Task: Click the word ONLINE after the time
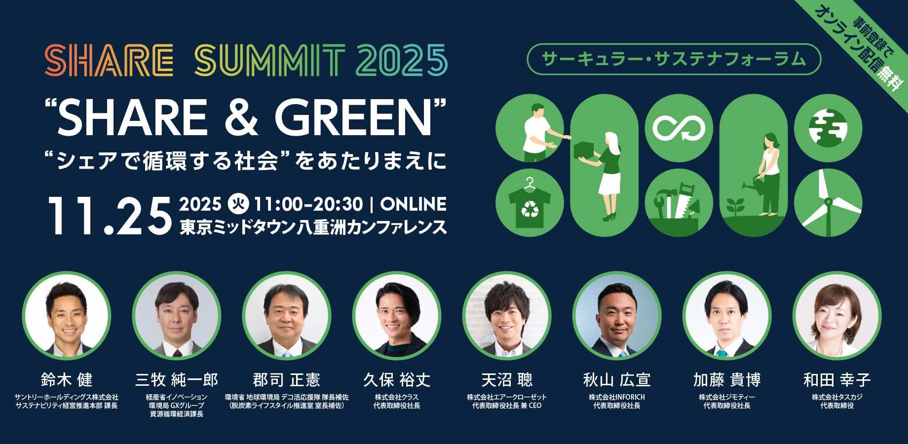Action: pos(414,204)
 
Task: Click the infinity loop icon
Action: pos(679,128)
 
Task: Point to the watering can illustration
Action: pos(750,186)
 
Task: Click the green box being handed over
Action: pos(586,148)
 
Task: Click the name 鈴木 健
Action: pos(67,380)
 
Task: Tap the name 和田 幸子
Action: pos(837,380)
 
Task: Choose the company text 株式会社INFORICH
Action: pos(616,397)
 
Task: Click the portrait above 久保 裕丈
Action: pos(397,315)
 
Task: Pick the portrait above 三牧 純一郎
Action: pos(177,315)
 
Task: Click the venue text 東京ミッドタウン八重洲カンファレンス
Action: pos(313,227)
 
